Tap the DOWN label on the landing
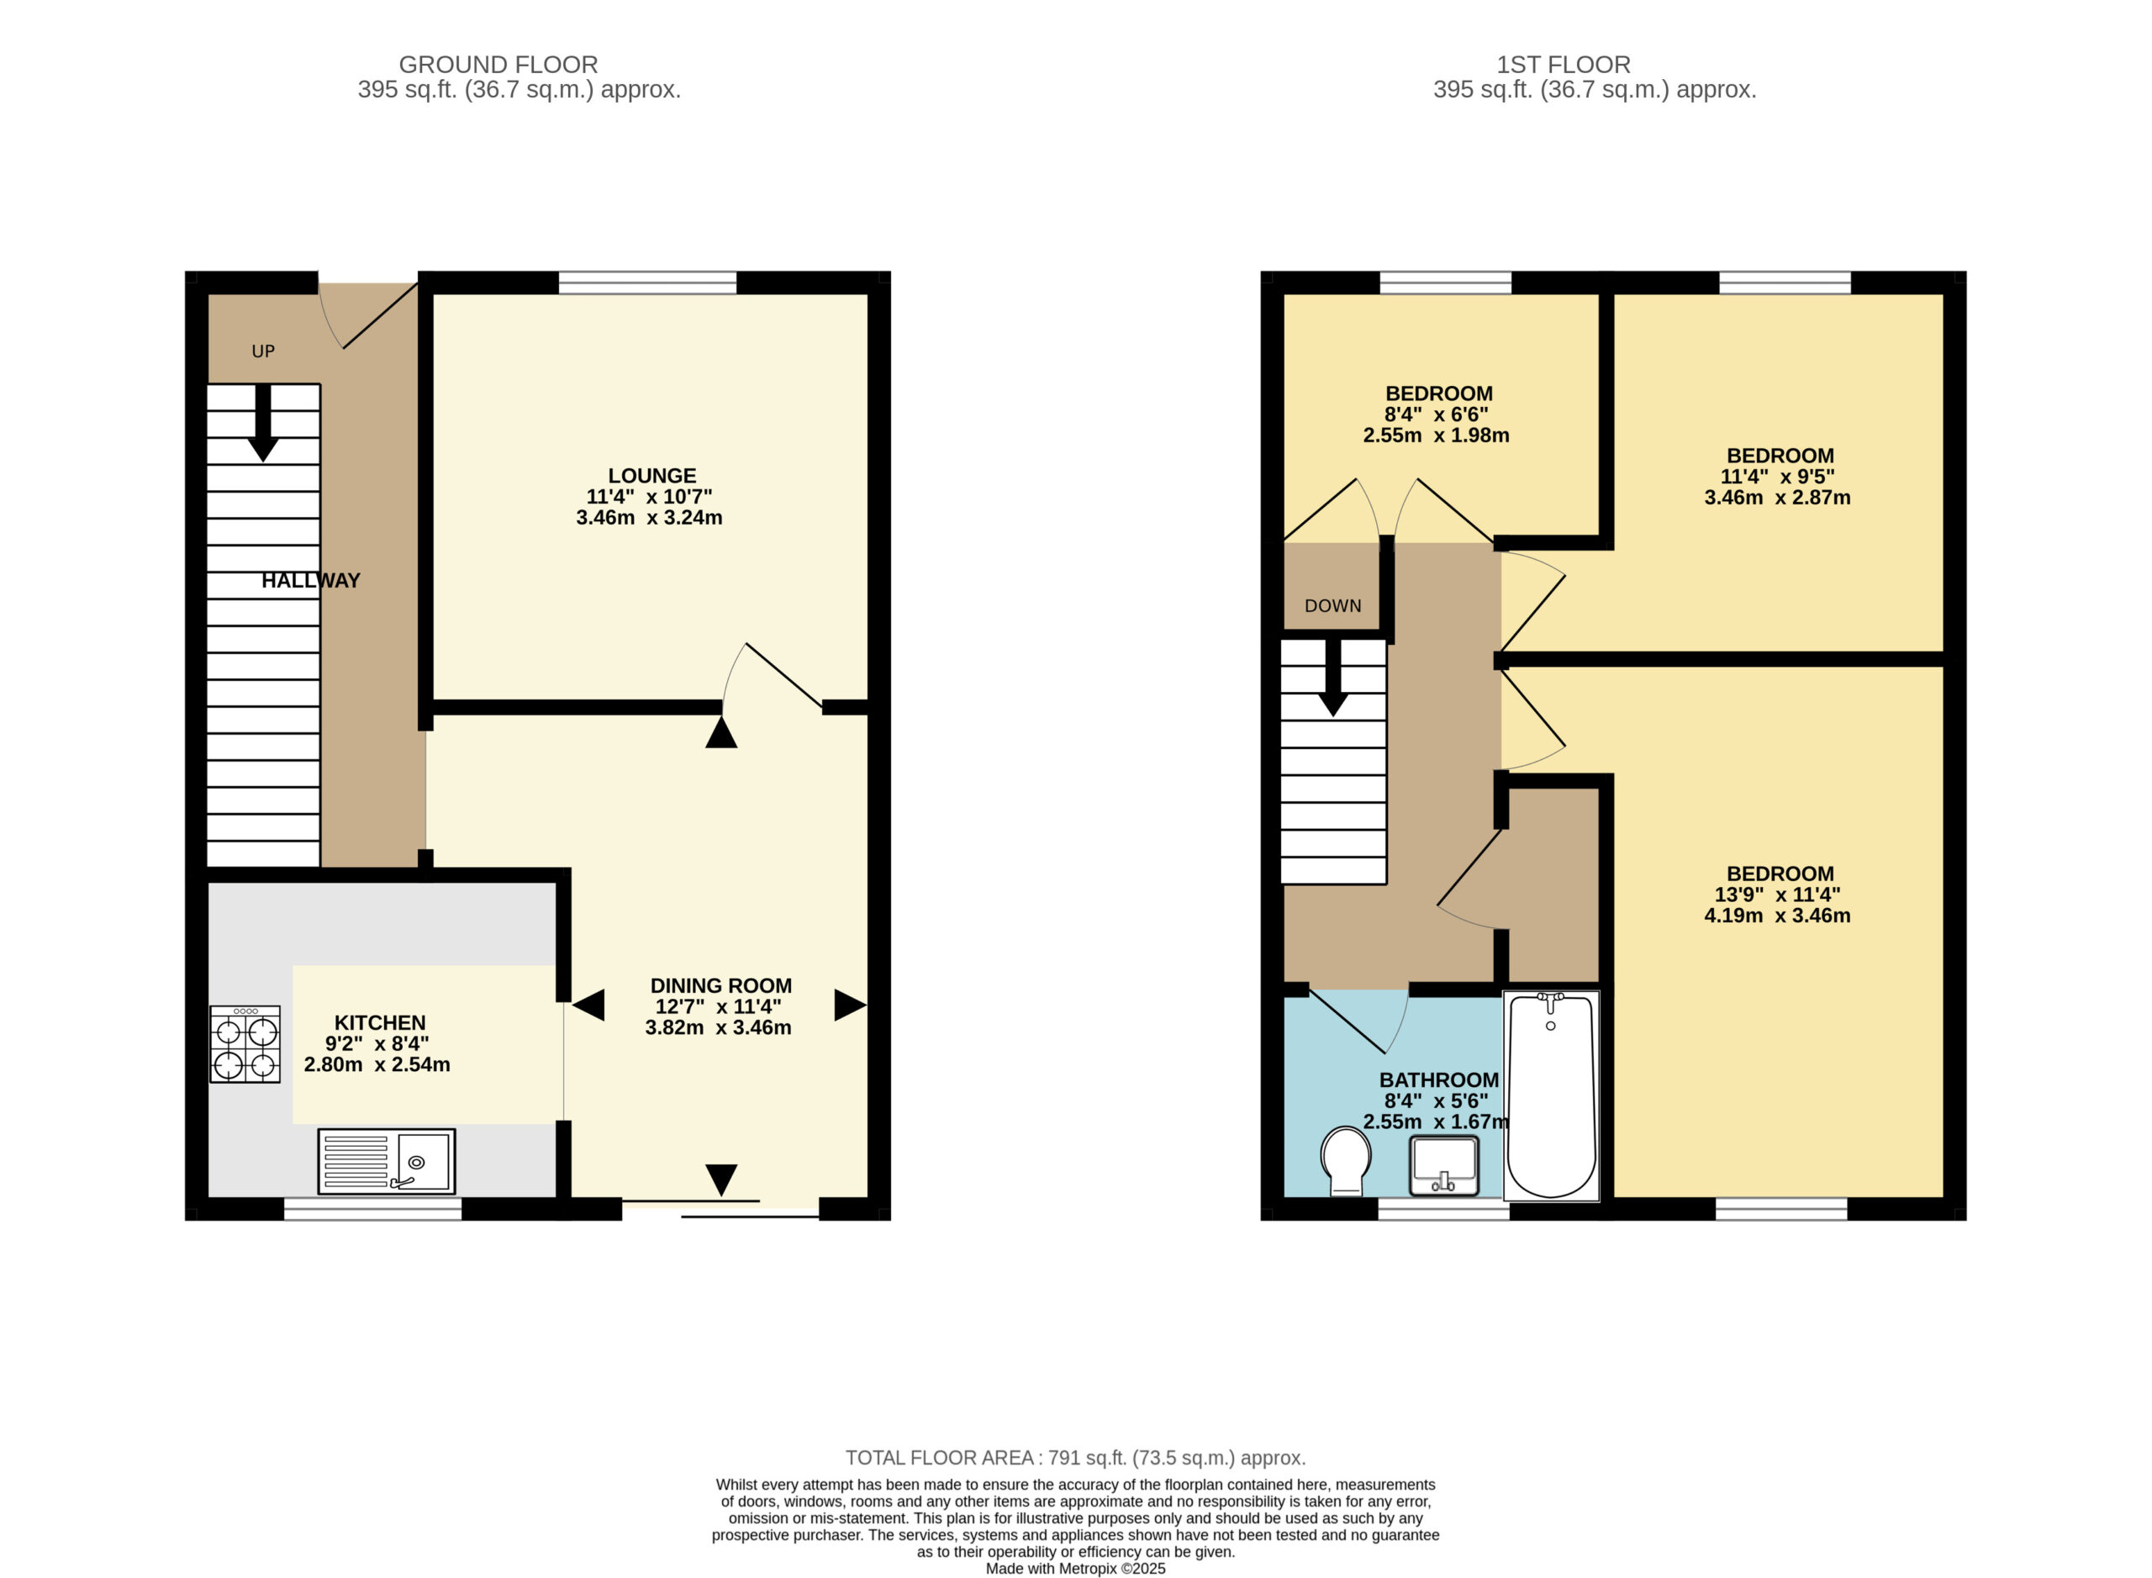pyautogui.click(x=1332, y=605)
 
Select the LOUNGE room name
pyautogui.click(x=652, y=476)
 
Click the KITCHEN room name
pyautogui.click(x=379, y=1022)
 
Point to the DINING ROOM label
pyautogui.click(x=721, y=986)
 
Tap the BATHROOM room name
pyautogui.click(x=1438, y=1080)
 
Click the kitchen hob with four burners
pyautogui.click(x=245, y=1044)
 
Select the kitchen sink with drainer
pyautogui.click(x=387, y=1162)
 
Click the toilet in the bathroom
pyautogui.click(x=1346, y=1160)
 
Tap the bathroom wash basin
pyautogui.click(x=1444, y=1165)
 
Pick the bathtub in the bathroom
pyautogui.click(x=1551, y=1095)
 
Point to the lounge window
pyautogui.click(x=647, y=282)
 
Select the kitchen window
pyautogui.click(x=373, y=1209)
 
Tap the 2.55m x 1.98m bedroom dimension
pyautogui.click(x=1436, y=435)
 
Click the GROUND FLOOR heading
pyautogui.click(x=498, y=65)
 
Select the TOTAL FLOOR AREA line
pyautogui.click(x=1075, y=1459)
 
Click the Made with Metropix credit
pyautogui.click(x=1075, y=1569)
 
